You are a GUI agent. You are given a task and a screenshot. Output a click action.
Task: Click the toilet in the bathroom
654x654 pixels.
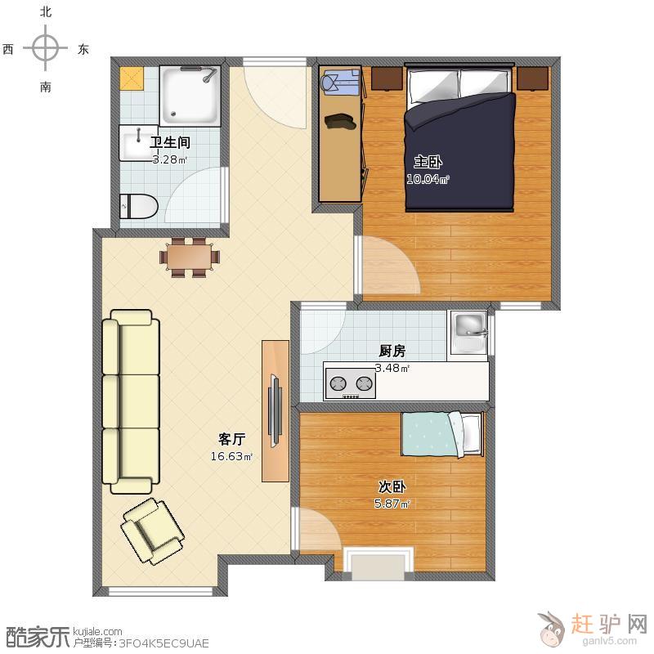[138, 206]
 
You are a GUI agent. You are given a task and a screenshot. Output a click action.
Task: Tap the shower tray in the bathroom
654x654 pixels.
[190, 96]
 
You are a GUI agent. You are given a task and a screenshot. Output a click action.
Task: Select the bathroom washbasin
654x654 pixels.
[138, 142]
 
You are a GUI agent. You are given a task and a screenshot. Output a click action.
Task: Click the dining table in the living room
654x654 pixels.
[190, 257]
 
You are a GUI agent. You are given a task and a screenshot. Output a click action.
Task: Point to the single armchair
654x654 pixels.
[153, 531]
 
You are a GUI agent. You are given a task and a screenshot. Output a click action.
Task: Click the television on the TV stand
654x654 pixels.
[275, 411]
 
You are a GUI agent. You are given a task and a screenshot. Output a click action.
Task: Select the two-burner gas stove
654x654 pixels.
[351, 383]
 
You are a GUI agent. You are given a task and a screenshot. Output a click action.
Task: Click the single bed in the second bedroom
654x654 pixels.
[442, 434]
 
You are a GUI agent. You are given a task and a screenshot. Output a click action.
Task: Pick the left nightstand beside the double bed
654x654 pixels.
[387, 78]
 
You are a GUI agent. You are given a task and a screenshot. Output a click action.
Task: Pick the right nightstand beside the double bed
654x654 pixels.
[533, 78]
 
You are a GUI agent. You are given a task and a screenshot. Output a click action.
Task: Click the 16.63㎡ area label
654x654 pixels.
[231, 456]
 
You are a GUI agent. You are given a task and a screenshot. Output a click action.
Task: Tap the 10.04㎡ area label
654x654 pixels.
[428, 179]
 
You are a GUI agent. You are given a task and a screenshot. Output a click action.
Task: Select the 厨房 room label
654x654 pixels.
[392, 352]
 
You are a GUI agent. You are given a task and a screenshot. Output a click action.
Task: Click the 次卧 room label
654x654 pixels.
[392, 486]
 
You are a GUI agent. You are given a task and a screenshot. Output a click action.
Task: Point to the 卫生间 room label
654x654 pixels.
[170, 142]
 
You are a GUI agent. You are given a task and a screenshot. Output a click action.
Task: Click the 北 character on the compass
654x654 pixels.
[46, 11]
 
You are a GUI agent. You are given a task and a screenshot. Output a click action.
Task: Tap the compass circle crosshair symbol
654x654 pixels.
[46, 48]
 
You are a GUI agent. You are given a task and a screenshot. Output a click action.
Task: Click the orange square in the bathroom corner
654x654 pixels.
[132, 78]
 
